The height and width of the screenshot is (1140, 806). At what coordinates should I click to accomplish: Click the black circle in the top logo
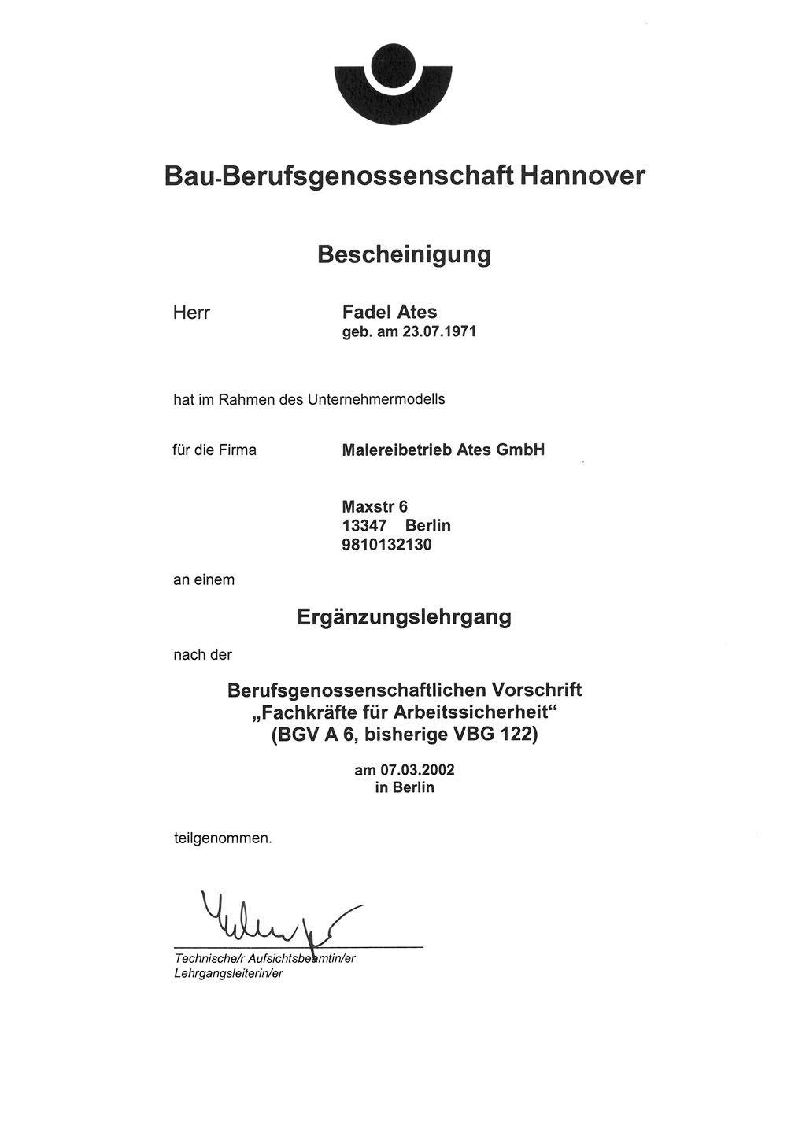(x=392, y=65)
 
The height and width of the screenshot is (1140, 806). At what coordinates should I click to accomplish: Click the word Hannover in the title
(x=582, y=175)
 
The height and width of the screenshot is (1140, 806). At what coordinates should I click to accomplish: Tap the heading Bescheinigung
(x=404, y=254)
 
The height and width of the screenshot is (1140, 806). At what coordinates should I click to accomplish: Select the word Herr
(x=191, y=313)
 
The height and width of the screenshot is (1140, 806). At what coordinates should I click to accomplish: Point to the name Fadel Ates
(x=390, y=313)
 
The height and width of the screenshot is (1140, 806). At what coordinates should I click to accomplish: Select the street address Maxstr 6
(x=375, y=506)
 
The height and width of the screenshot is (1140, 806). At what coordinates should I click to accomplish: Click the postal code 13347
(x=364, y=525)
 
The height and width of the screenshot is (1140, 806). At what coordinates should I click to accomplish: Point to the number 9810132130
(x=386, y=544)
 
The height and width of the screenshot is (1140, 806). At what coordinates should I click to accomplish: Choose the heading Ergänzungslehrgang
(x=404, y=617)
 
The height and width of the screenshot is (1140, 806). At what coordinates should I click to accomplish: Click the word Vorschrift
(x=537, y=690)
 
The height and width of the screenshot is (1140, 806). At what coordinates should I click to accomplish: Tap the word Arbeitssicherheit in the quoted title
(x=475, y=713)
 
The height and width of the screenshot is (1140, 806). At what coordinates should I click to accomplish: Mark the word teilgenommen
(x=222, y=838)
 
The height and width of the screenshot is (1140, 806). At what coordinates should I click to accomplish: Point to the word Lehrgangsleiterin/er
(x=227, y=974)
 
